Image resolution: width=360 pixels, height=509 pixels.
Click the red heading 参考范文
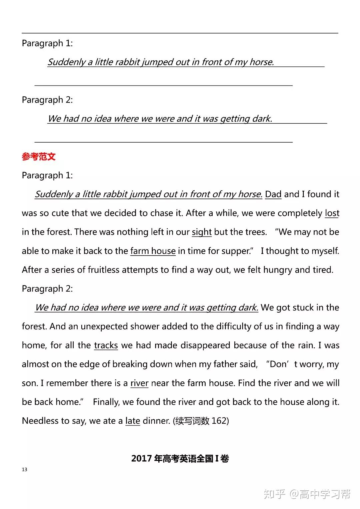pyautogui.click(x=39, y=157)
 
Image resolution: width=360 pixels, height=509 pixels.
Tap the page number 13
pyautogui.click(x=24, y=469)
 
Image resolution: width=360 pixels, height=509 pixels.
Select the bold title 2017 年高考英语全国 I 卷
pyautogui.click(x=180, y=459)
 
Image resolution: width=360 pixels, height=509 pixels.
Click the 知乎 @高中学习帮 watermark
pyautogui.click(x=307, y=494)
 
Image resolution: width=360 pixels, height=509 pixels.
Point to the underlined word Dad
pyautogui.click(x=273, y=194)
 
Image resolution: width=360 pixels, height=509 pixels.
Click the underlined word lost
pyautogui.click(x=332, y=213)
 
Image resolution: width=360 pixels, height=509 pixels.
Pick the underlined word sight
pyautogui.click(x=202, y=232)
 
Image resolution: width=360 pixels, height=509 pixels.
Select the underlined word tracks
pyautogui.click(x=106, y=345)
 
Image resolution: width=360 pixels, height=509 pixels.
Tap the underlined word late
pyautogui.click(x=133, y=421)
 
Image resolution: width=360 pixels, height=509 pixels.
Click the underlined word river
pyautogui.click(x=139, y=383)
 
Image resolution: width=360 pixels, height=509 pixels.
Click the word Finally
pyautogui.click(x=106, y=402)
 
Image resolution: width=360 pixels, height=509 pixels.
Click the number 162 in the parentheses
pyautogui.click(x=219, y=421)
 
